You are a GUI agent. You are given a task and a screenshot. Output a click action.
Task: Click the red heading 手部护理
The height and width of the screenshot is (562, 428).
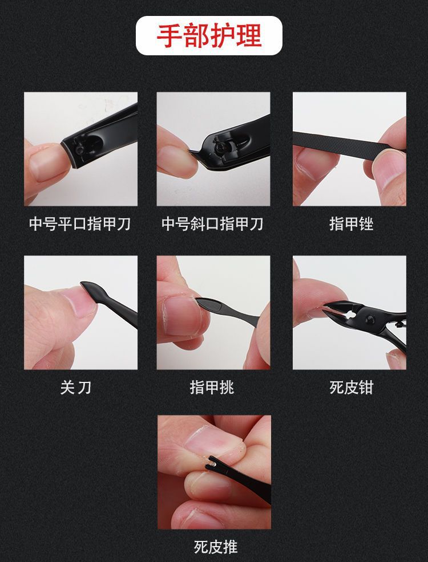point(209,36)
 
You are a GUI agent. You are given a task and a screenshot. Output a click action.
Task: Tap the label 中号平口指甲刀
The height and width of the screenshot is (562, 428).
point(80,224)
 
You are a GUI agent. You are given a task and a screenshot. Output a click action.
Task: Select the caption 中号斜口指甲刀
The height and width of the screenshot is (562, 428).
point(212,224)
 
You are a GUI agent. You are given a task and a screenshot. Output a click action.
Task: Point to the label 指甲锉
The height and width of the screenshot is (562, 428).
point(351,224)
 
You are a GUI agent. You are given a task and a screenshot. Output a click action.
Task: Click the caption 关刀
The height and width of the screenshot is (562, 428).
point(76,388)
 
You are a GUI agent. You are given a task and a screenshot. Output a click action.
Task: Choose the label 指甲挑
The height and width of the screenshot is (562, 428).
point(212,388)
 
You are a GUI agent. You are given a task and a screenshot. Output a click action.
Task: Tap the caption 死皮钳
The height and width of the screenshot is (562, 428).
point(351,388)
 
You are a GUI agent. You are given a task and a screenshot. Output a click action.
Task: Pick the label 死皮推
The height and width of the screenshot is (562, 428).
point(216,547)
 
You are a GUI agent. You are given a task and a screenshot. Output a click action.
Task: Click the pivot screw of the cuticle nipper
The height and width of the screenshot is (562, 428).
point(369,319)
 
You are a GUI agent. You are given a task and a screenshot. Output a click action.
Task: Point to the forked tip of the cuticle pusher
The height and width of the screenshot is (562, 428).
point(211,462)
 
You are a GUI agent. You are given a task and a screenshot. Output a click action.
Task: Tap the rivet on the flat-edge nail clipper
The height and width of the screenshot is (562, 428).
point(80,149)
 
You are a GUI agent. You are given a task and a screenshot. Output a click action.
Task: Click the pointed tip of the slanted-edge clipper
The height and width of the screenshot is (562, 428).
point(192,152)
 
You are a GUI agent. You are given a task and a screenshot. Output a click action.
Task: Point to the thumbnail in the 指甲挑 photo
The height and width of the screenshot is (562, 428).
point(183,315)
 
